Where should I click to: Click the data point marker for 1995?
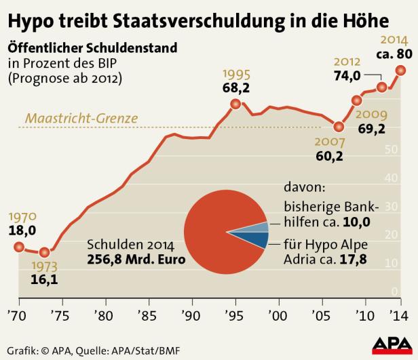tap(235, 104)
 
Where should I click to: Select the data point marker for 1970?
tap(18, 247)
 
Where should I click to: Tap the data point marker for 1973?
tap(45, 253)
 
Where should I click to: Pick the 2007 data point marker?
tap(339, 126)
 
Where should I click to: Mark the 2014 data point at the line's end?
tap(400, 70)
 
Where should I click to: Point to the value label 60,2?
tap(330, 157)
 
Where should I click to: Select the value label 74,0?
tap(346, 77)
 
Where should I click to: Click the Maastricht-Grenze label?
tap(81, 118)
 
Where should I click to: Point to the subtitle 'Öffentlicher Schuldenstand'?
tap(92, 49)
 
